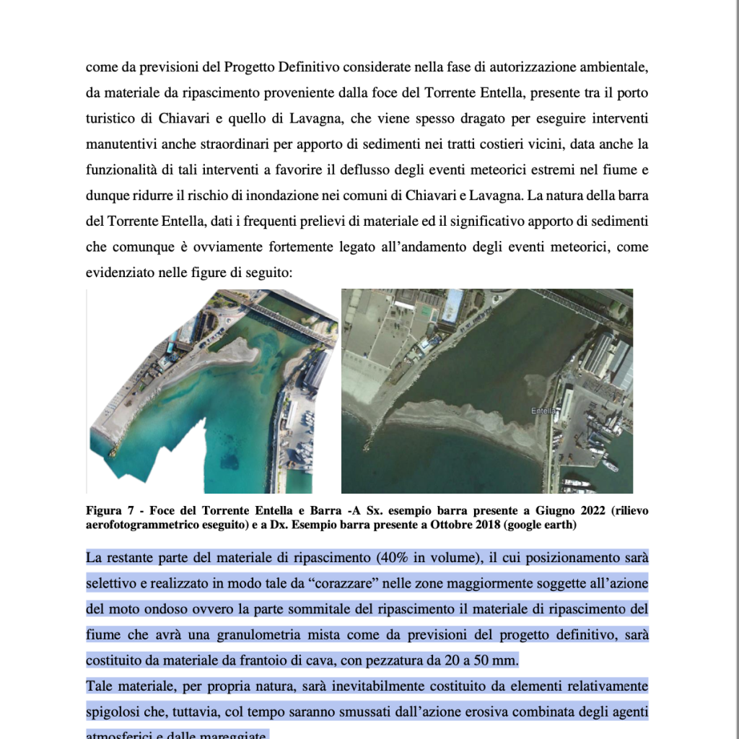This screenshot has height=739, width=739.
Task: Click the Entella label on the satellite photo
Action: [x=543, y=411]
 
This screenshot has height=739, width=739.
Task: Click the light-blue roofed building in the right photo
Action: [x=452, y=305]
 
